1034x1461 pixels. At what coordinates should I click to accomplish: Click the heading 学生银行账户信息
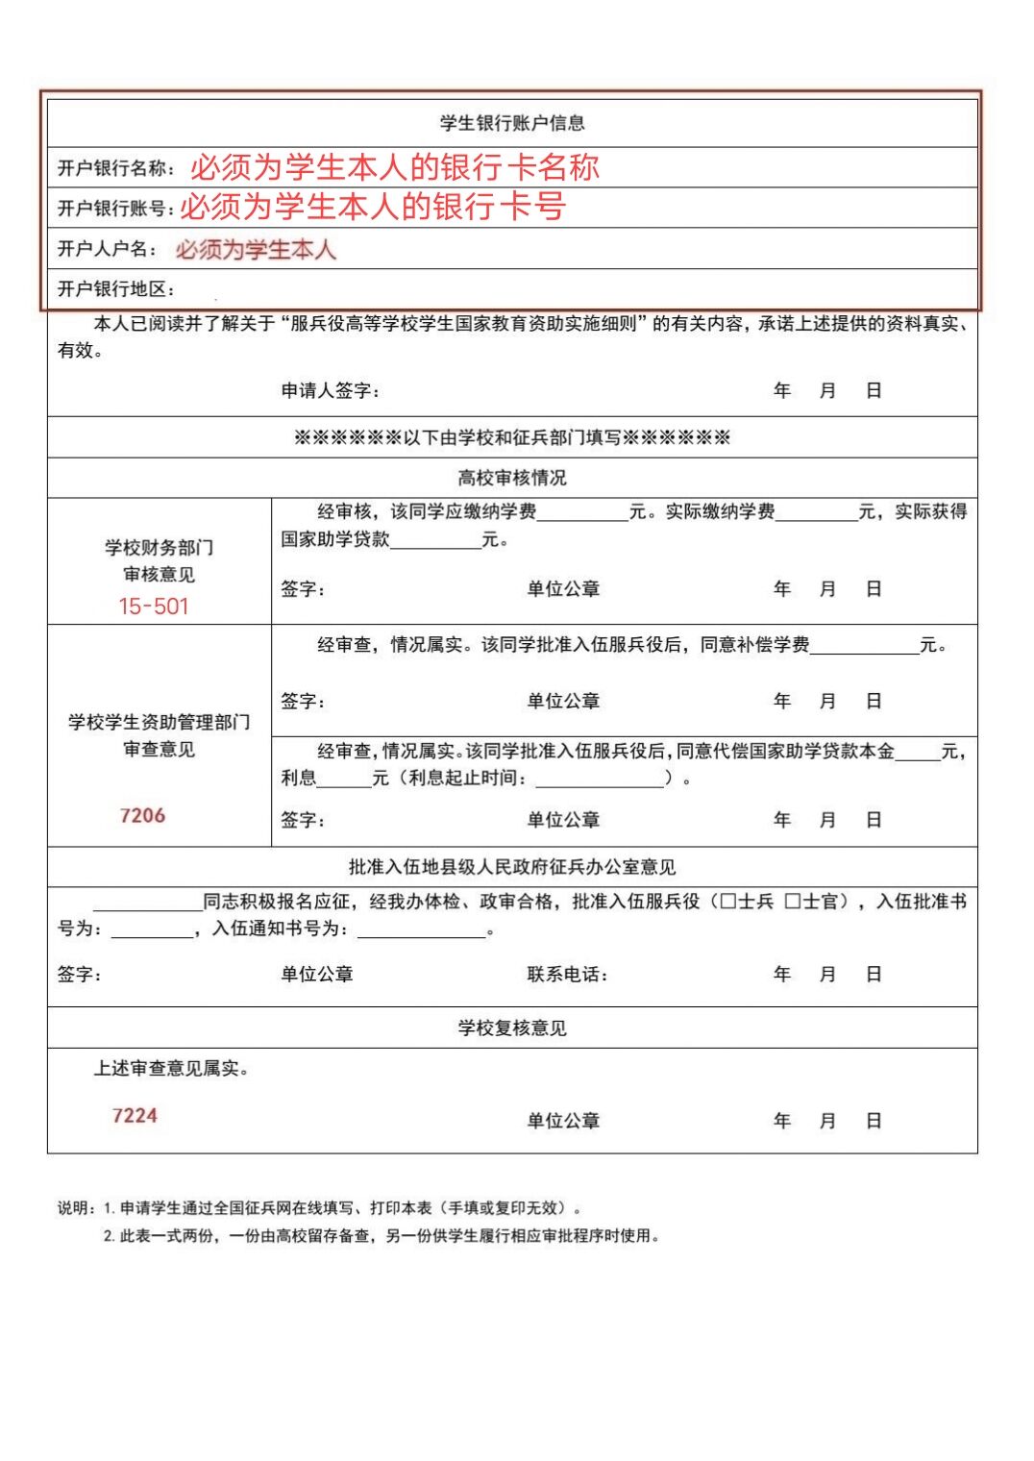click(x=512, y=123)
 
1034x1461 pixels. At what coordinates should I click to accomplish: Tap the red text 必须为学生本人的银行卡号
click(x=373, y=206)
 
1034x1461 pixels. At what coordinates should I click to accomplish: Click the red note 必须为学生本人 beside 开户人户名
click(x=256, y=250)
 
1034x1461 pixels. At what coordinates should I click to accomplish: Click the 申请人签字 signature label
click(x=329, y=390)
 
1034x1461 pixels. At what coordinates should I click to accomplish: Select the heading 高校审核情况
click(x=512, y=478)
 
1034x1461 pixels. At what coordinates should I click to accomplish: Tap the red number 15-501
click(x=154, y=607)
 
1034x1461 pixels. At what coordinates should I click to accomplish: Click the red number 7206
click(x=142, y=816)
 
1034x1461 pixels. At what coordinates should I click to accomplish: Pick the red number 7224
click(x=135, y=1116)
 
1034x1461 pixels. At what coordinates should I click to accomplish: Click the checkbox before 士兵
click(x=727, y=902)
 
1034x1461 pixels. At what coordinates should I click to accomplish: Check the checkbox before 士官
click(x=793, y=902)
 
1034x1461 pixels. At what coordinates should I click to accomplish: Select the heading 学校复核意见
click(x=512, y=1028)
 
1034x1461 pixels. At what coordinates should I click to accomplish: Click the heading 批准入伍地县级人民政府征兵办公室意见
click(x=512, y=868)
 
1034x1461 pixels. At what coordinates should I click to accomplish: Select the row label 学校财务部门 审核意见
click(x=160, y=560)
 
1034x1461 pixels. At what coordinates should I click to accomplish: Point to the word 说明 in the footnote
click(x=75, y=1208)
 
